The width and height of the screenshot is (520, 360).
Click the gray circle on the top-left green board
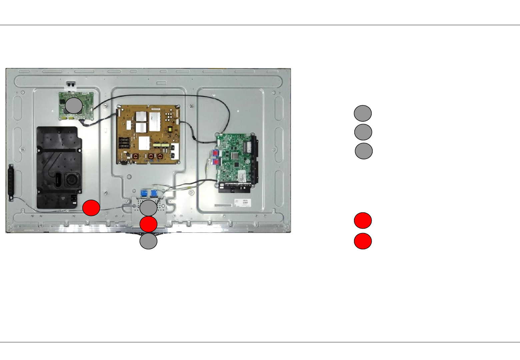click(x=73, y=106)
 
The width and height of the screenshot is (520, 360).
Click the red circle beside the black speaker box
click(x=91, y=208)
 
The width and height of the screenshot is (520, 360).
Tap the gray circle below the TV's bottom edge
click(x=148, y=241)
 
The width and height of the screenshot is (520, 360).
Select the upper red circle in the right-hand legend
click(x=363, y=220)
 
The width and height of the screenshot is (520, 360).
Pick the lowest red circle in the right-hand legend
click(x=363, y=241)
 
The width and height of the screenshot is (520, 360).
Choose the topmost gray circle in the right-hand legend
click(x=363, y=113)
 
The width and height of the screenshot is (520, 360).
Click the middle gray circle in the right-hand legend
click(x=363, y=132)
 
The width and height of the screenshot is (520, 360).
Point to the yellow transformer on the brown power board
click(x=171, y=130)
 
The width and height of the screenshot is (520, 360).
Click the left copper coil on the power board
click(x=136, y=156)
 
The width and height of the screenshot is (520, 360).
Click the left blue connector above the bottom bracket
click(x=144, y=193)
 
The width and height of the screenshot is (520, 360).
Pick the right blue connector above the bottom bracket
click(x=154, y=193)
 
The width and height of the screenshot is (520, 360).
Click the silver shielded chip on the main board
click(x=248, y=146)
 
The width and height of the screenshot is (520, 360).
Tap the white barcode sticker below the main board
click(x=241, y=203)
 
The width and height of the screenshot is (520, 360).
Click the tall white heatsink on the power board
click(x=155, y=121)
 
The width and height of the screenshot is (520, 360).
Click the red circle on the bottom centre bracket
click(x=148, y=224)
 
